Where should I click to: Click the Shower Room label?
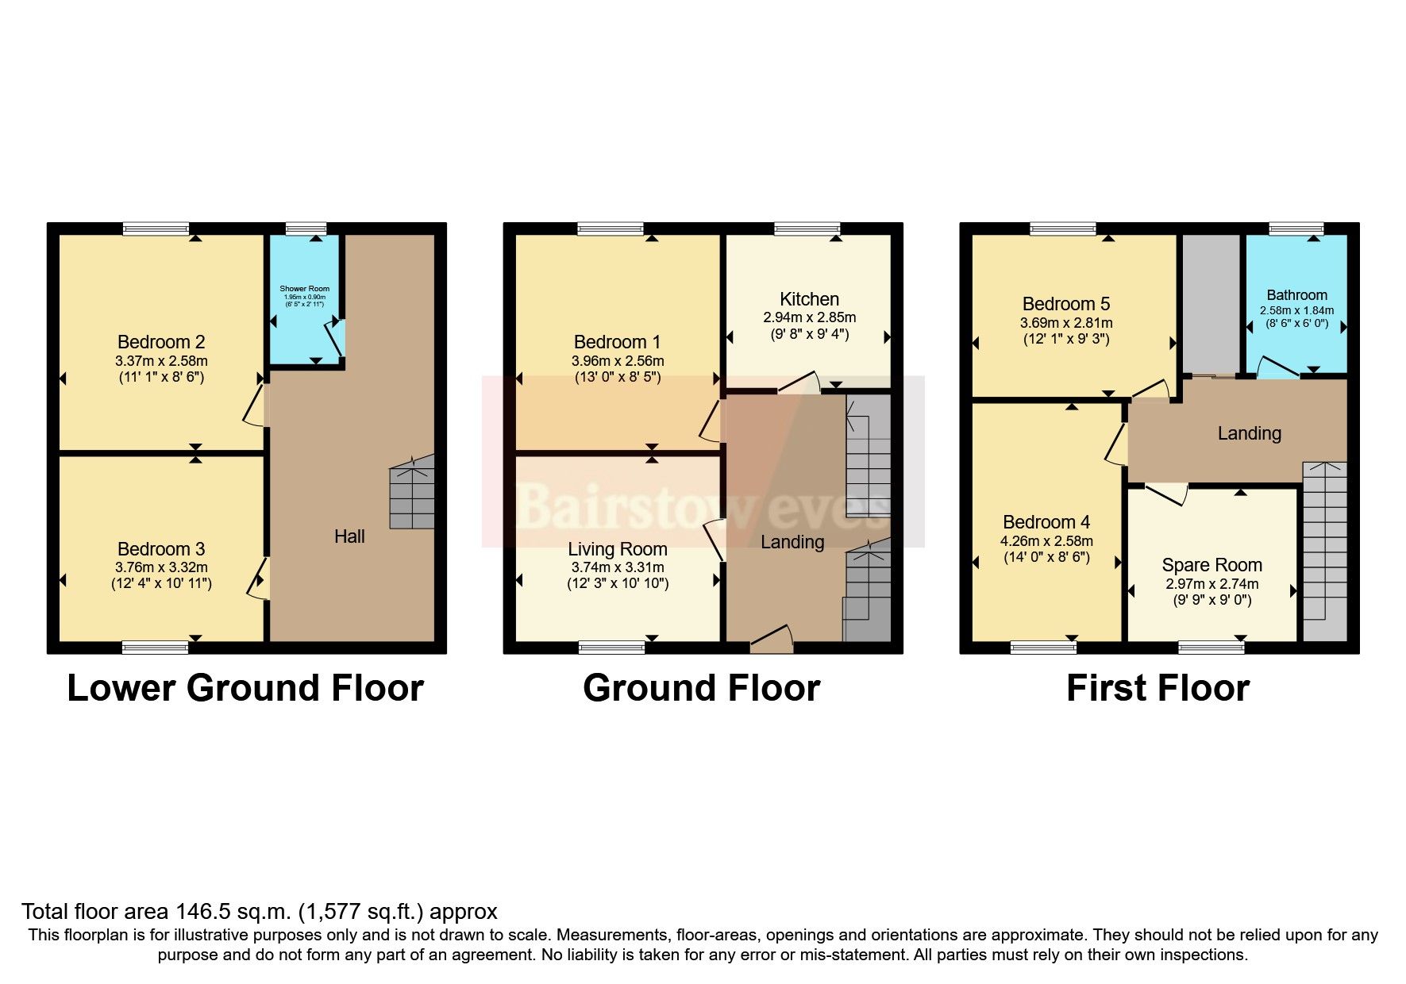click(x=304, y=289)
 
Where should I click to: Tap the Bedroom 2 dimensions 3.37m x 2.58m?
click(x=161, y=360)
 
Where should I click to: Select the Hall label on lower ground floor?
click(x=349, y=536)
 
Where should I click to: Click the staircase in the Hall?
click(x=412, y=492)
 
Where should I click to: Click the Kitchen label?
click(x=809, y=299)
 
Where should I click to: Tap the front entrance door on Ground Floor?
click(x=772, y=640)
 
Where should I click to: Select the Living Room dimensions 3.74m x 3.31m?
click(x=618, y=567)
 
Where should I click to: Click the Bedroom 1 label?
click(x=617, y=342)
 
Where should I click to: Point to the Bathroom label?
click(x=1296, y=294)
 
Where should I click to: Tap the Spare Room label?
click(x=1211, y=565)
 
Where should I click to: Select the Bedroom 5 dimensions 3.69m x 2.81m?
click(x=1065, y=323)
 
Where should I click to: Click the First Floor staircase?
click(x=1325, y=548)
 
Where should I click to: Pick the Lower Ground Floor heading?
click(x=245, y=688)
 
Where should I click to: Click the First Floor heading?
click(x=1158, y=688)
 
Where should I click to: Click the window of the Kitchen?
click(x=807, y=229)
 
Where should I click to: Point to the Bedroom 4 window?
click(x=1043, y=648)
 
